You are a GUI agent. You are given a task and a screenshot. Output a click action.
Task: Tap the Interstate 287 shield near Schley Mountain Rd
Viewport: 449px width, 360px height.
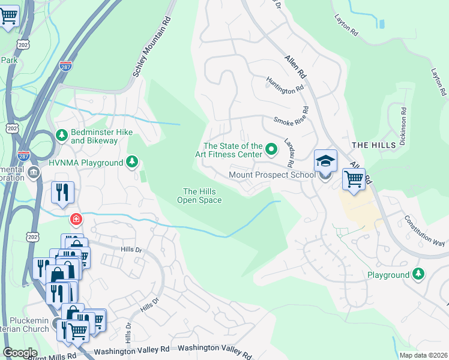click(x=65, y=65)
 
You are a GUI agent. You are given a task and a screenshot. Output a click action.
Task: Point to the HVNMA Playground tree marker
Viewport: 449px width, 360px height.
click(x=132, y=162)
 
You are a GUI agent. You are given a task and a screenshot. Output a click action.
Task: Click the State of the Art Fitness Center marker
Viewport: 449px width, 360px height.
click(x=271, y=148)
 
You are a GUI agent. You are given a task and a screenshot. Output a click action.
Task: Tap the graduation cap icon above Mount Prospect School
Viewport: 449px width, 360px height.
click(x=325, y=161)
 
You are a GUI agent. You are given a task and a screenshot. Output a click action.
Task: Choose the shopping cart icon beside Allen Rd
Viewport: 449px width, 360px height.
click(x=354, y=179)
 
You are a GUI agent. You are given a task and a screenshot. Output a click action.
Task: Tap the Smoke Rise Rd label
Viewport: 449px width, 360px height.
click(x=291, y=116)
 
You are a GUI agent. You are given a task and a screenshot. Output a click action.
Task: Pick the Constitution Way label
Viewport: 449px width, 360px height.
click(x=424, y=231)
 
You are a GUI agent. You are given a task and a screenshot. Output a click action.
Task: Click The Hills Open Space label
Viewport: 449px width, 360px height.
click(x=200, y=196)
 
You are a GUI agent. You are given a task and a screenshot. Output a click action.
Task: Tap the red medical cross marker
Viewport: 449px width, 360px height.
click(x=76, y=218)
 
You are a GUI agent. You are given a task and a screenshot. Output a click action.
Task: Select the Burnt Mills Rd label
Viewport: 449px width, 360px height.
click(x=54, y=355)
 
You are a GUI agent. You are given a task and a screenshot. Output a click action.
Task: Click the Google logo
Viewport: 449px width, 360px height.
click(x=19, y=353)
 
